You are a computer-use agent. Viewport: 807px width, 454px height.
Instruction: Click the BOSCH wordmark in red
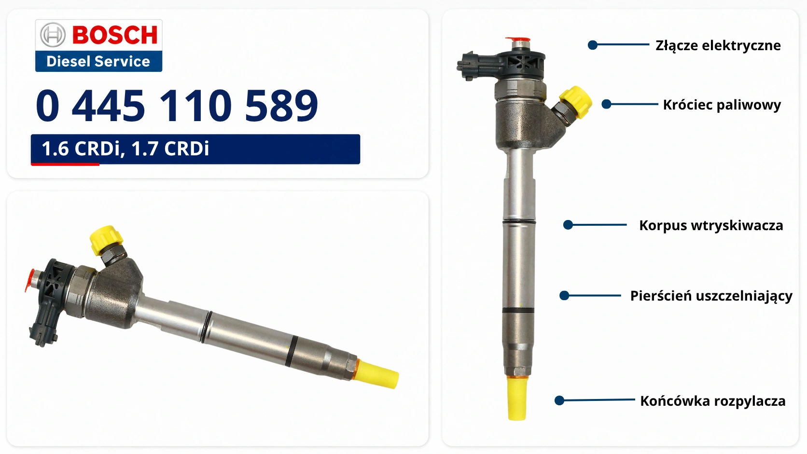tap(115, 35)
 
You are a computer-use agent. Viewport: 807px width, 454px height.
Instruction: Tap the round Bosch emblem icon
tap(53, 35)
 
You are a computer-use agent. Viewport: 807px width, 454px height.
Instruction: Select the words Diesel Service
tap(98, 61)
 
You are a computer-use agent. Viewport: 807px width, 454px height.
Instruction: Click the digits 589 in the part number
tap(281, 105)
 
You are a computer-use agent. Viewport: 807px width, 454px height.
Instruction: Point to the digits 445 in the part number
tap(109, 105)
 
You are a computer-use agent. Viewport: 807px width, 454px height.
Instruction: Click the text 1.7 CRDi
tap(170, 148)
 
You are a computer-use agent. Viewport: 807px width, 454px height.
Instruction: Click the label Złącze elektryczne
tap(718, 46)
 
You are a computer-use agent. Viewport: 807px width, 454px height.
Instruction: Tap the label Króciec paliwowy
tap(722, 105)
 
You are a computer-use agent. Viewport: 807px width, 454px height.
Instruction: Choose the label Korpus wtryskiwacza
tap(711, 225)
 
